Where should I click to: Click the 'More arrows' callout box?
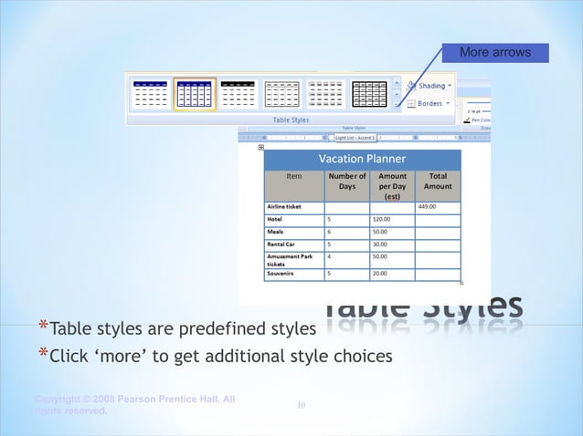pos(495,53)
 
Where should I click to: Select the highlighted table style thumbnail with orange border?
pos(195,94)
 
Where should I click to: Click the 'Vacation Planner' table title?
pos(362,159)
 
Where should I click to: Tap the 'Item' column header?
pos(294,176)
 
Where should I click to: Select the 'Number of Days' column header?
pos(347,181)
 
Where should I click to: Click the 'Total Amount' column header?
pos(438,181)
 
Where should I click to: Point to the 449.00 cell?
pos(427,207)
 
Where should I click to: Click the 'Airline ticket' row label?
pos(284,207)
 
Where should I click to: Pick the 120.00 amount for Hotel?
pos(382,220)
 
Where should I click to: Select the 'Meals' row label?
pos(274,233)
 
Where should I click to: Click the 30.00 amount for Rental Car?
pos(380,244)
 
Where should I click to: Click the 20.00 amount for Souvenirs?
pos(380,273)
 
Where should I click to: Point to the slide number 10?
pos(301,404)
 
